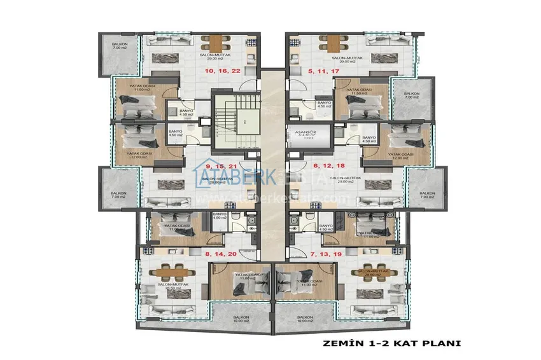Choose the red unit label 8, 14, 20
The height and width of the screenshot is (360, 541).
pyautogui.click(x=221, y=254)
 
